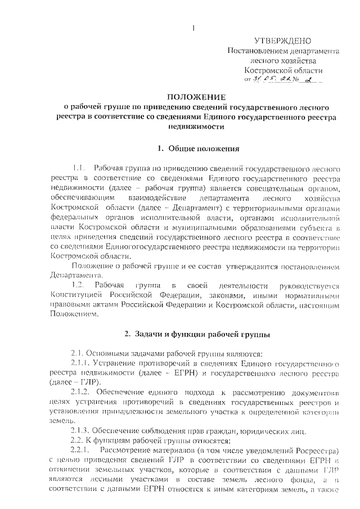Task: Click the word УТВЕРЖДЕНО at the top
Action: [x=282, y=40]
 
